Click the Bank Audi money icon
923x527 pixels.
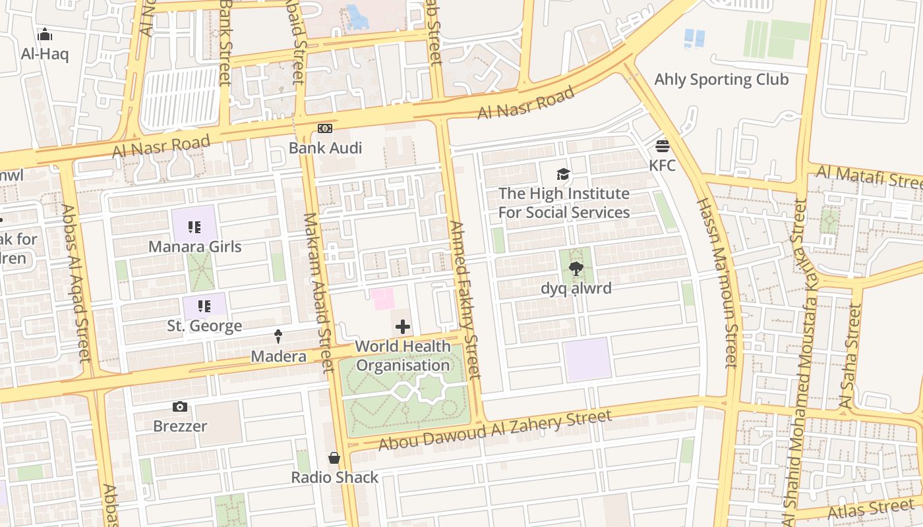324,128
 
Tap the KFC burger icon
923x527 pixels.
663,146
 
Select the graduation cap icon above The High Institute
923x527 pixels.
563,174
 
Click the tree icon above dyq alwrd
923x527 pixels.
576,268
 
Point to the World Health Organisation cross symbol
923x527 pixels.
402,327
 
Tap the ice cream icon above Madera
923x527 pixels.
278,337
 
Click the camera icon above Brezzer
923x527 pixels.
179,406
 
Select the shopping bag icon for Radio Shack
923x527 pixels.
334,458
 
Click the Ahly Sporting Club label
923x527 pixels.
721,80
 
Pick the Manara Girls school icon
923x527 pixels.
194,227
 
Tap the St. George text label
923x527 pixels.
204,326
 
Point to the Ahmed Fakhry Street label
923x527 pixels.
465,300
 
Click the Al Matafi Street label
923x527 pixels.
868,177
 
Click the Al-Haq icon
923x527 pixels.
45,34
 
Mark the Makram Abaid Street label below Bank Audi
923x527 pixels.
318,292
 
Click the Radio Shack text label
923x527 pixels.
335,478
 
